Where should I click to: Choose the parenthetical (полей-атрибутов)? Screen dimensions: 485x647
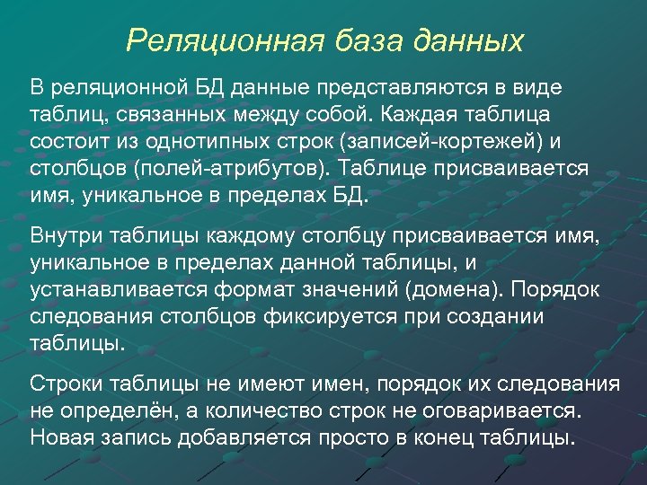[235, 169]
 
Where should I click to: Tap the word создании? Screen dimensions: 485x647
[493, 318]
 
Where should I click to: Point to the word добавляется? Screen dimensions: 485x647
[228, 437]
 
